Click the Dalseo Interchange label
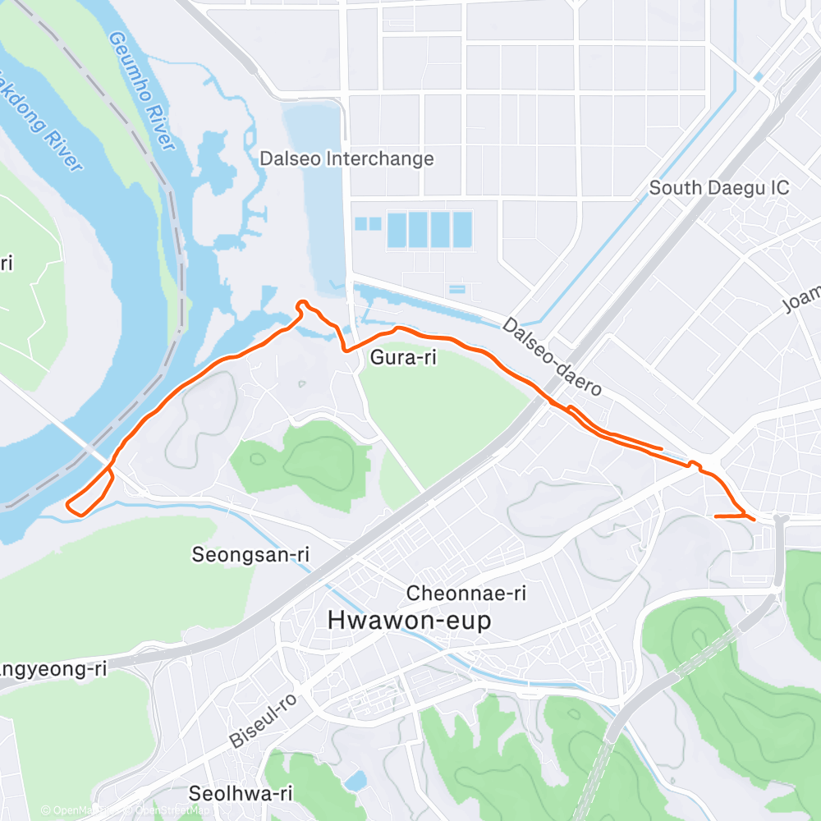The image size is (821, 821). coord(346,158)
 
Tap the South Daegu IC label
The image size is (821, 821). coord(719,188)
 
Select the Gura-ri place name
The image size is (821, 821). coord(403,358)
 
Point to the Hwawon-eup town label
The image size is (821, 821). coord(409,620)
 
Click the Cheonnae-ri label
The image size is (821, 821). coord(466,593)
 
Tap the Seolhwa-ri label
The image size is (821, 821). coord(241,793)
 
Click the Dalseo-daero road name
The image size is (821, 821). coord(553,357)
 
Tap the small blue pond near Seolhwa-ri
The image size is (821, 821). coord(355,781)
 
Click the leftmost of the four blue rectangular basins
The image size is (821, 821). coord(397,230)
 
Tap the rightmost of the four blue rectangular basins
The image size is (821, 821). coord(462,230)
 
